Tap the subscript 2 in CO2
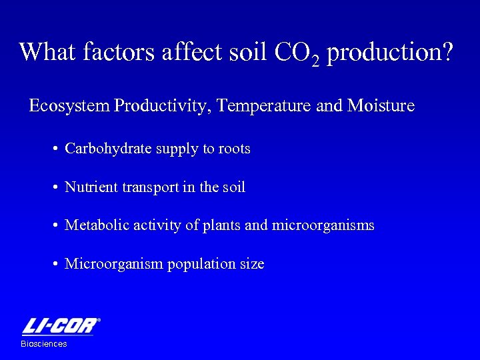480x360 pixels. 315,60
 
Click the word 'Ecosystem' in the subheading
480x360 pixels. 70,106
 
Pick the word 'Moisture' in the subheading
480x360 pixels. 381,106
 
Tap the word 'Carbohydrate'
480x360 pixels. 108,149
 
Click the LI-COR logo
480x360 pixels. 61,327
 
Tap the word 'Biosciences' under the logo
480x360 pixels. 44,344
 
